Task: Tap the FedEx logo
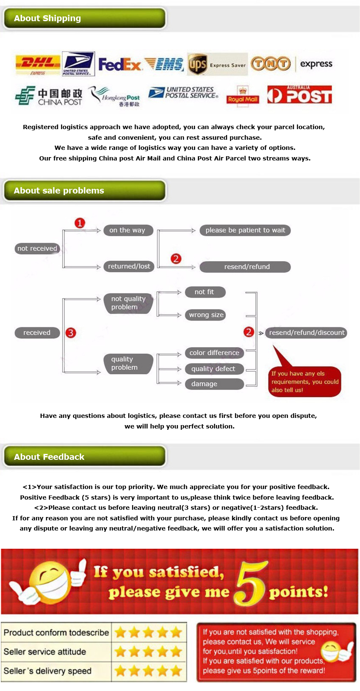pyautogui.click(x=120, y=64)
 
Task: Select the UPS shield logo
pyautogui.click(x=197, y=64)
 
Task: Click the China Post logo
pyautogui.click(x=49, y=96)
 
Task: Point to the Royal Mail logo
pyautogui.click(x=242, y=96)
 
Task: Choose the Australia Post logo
pyautogui.click(x=299, y=94)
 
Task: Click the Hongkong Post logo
pyautogui.click(x=114, y=97)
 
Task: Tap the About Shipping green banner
pyautogui.click(x=85, y=19)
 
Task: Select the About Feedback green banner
pyautogui.click(x=85, y=456)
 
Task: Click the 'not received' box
pyautogui.click(x=37, y=248)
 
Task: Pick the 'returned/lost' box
pyautogui.click(x=129, y=266)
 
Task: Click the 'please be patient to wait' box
pyautogui.click(x=245, y=230)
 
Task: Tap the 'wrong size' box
pyautogui.click(x=206, y=315)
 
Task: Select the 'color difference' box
pyautogui.click(x=214, y=353)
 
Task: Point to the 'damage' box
pyautogui.click(x=214, y=384)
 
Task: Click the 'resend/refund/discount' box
pyautogui.click(x=306, y=332)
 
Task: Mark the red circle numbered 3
pyautogui.click(x=71, y=333)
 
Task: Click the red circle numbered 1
pyautogui.click(x=80, y=223)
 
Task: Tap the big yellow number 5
pyautogui.click(x=251, y=583)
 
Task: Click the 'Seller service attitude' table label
pyautogui.click(x=45, y=652)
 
